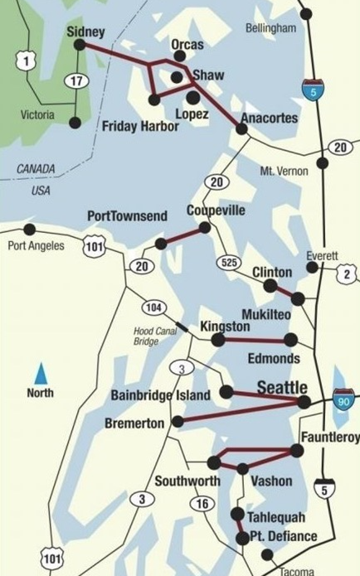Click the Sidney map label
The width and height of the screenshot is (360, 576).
(x=85, y=32)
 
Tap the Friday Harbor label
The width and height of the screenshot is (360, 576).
(x=139, y=127)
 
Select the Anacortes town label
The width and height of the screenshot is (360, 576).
(x=269, y=119)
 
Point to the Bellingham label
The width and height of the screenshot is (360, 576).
(x=270, y=28)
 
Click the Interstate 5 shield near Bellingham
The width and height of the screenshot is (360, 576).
(x=313, y=89)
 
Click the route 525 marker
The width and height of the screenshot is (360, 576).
(x=229, y=262)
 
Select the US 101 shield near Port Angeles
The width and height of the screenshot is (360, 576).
(x=94, y=245)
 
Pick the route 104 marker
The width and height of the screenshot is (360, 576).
(x=153, y=307)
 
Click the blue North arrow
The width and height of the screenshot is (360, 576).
(x=40, y=371)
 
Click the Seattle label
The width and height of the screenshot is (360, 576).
(x=282, y=388)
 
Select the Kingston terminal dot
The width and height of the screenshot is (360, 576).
(x=217, y=339)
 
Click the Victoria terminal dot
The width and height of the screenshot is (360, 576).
(x=75, y=123)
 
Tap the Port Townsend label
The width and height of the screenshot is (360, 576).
(x=127, y=216)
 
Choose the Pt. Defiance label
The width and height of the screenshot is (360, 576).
(x=283, y=536)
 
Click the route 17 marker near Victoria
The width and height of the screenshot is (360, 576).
(x=75, y=80)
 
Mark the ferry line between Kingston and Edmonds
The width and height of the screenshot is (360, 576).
(x=254, y=340)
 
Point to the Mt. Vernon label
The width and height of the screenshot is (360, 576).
(x=284, y=171)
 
